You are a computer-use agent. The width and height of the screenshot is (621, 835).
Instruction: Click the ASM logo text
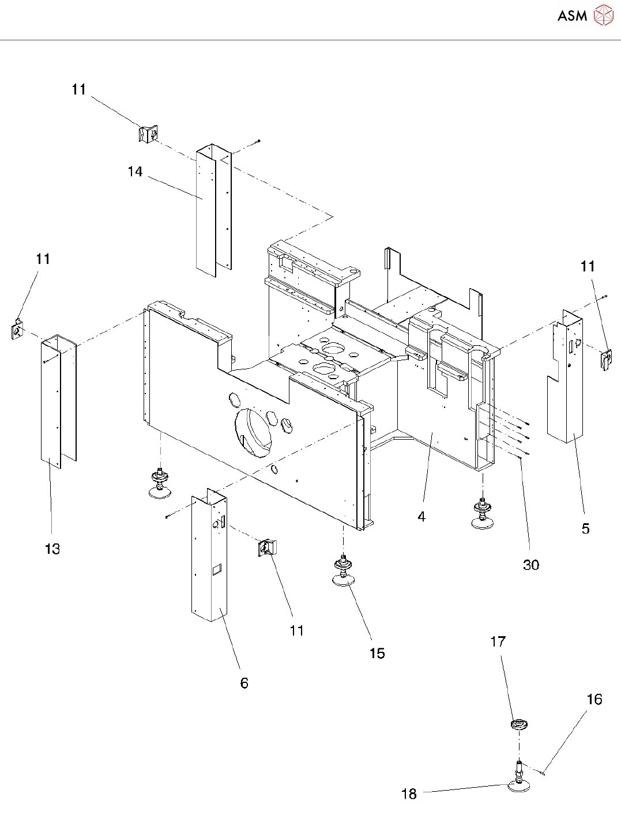[572, 16]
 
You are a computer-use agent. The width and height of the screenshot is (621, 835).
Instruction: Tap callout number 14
[135, 172]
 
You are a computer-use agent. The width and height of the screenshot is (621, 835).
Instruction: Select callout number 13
[52, 549]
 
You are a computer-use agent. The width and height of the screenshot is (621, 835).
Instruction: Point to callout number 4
[421, 517]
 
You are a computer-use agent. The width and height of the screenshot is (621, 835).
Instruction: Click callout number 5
[585, 528]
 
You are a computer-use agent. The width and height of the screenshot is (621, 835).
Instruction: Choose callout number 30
[531, 565]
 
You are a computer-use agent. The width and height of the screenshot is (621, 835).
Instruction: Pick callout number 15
[377, 653]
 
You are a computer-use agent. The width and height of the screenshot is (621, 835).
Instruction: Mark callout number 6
[244, 683]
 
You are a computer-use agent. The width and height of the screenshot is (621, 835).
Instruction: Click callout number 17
[498, 641]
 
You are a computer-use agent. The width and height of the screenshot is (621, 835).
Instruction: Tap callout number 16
[594, 699]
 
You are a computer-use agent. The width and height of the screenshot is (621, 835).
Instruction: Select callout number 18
[409, 794]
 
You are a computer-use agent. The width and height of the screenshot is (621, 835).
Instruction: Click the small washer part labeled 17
[520, 724]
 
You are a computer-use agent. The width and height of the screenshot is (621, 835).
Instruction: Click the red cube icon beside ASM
[604, 16]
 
